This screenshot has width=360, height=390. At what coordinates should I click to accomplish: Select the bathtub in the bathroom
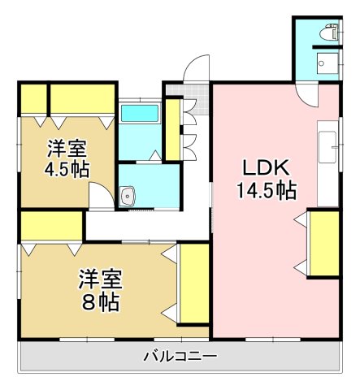pos(142,113)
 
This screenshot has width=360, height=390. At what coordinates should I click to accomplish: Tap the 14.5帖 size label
pos(265,191)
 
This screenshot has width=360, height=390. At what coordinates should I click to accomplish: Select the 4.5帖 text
pos(67,170)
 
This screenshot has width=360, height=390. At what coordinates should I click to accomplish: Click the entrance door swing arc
pos(195,67)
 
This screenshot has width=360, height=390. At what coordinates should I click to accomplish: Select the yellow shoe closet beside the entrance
pos(172,128)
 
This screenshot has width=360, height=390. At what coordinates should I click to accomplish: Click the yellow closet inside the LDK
pos(323,243)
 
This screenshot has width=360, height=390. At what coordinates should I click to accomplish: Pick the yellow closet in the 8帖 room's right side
pos(193,283)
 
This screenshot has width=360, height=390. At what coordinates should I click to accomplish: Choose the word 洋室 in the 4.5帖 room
pos(66,149)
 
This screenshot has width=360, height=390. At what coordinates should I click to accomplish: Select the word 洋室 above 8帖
pos(100,281)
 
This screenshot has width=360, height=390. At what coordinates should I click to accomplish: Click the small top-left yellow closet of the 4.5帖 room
pos(33,99)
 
